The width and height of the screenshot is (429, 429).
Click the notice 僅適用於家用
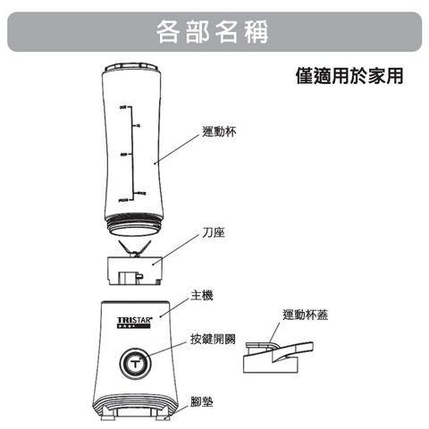tap(349, 76)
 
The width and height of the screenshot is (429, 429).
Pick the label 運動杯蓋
tap(306, 315)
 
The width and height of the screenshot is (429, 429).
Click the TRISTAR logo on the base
tap(135, 319)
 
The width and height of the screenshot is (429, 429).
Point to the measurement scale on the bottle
tap(131, 152)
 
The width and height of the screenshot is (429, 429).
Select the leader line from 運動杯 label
tap(179, 147)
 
